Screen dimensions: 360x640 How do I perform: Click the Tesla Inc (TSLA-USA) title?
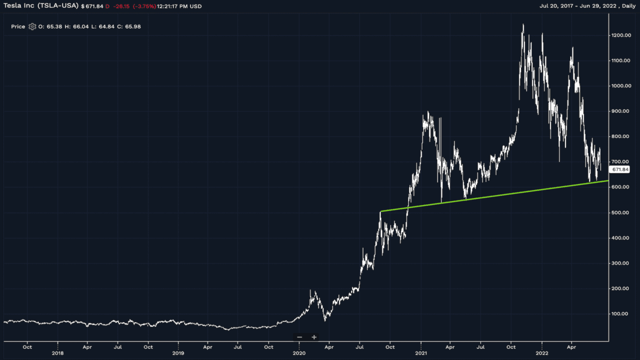[41, 6]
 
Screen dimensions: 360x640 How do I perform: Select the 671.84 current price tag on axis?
[620, 170]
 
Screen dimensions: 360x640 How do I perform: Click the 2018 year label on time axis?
[58, 352]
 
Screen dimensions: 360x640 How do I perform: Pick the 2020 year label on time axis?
[299, 352]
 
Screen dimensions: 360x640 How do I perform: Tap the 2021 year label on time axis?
[421, 352]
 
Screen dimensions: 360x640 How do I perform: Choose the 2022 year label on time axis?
[542, 352]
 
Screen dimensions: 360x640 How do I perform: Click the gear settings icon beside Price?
[32, 26]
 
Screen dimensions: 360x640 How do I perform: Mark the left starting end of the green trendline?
[381, 211]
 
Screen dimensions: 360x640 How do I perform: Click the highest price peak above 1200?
[523, 24]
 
